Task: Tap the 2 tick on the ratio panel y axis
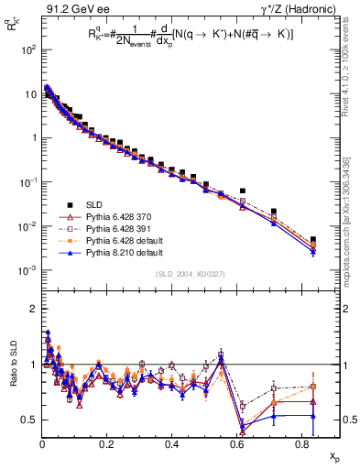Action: pos(33,309)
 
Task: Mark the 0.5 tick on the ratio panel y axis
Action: pos(30,420)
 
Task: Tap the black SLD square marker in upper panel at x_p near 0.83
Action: pos(313,240)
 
